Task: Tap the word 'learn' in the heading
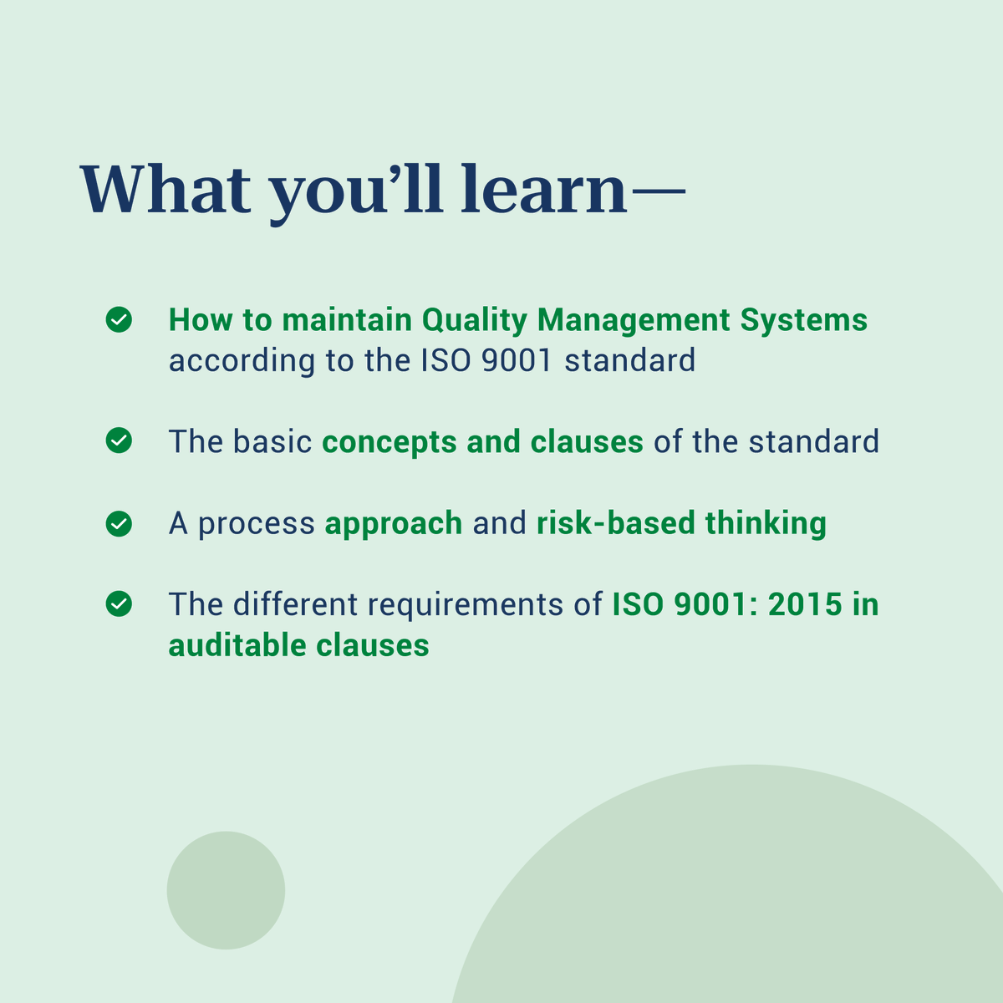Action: [x=543, y=191]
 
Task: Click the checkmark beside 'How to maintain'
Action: [x=119, y=319]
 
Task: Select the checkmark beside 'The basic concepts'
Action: [x=119, y=440]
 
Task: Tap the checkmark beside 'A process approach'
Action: [x=119, y=523]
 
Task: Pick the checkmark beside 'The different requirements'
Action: [x=119, y=603]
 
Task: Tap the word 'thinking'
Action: [x=766, y=524]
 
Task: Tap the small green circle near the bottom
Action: [x=226, y=890]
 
